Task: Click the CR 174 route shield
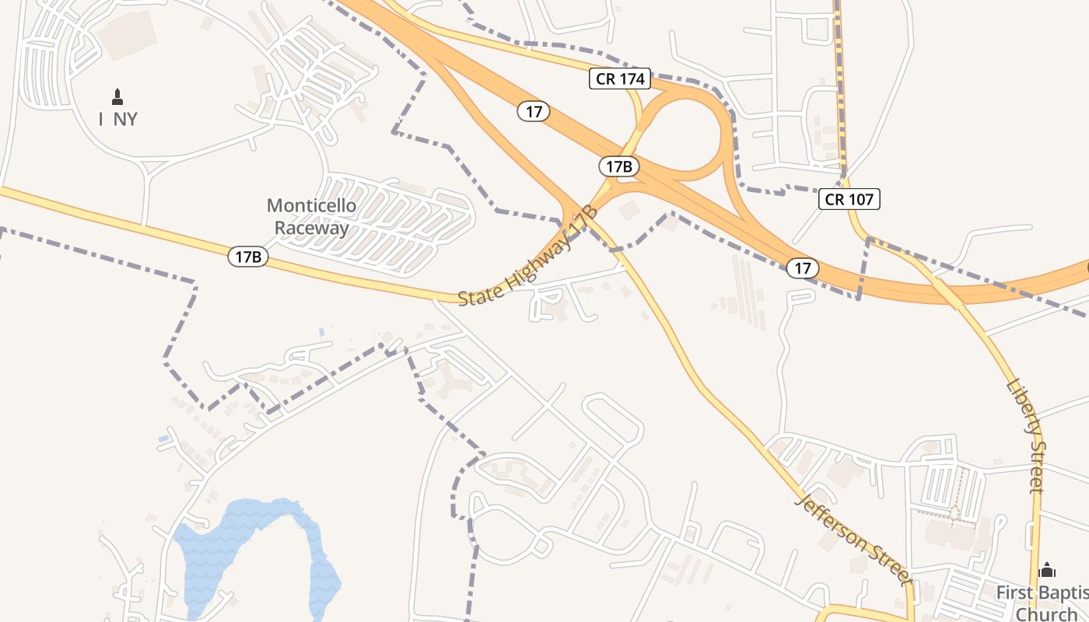pos(619,79)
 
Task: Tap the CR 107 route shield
pos(849,199)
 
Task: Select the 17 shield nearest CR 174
pos(534,111)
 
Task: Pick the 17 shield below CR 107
pos(803,268)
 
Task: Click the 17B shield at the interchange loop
pos(619,166)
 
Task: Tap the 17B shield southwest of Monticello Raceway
pos(248,256)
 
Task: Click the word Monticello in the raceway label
pos(311,206)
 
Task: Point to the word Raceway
pos(311,229)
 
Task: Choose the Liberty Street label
pos(1025,435)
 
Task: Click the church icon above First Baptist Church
pos(1047,570)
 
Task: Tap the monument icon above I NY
pos(117,97)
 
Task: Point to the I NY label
pos(118,119)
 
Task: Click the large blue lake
pos(249,536)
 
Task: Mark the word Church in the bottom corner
pos(1047,614)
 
